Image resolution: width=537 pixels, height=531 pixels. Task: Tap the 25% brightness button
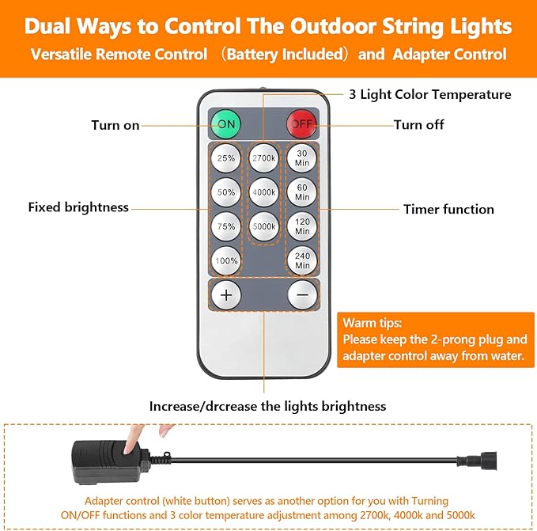(226, 158)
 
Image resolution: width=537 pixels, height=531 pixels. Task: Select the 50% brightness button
(226, 192)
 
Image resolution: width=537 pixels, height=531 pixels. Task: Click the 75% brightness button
(226, 226)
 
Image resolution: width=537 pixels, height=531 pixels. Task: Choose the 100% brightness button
(226, 260)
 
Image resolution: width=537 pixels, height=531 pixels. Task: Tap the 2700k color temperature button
(264, 158)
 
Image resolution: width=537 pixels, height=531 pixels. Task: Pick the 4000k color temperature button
(264, 192)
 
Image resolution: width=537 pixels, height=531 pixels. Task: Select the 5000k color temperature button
(264, 226)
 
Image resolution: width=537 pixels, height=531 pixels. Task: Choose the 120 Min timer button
(302, 226)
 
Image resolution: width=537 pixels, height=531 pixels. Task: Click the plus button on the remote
(226, 295)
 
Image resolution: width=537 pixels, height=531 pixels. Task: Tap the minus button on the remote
(302, 295)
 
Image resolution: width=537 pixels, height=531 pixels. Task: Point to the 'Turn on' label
(115, 125)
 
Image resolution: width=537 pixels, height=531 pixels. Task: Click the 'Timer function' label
(448, 210)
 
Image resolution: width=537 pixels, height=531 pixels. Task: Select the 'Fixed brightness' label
(78, 207)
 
